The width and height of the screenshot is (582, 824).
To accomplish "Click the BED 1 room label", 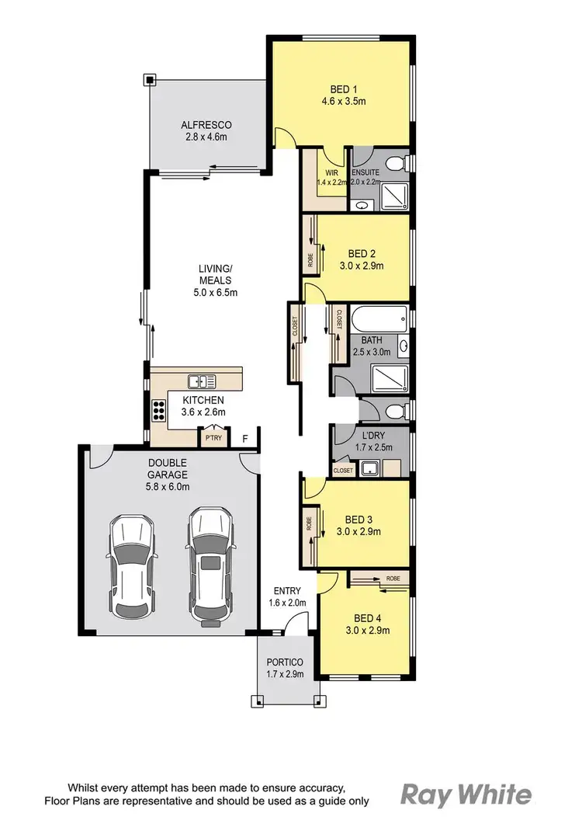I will [x=338, y=88].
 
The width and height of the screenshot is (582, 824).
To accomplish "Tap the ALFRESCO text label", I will [x=206, y=125].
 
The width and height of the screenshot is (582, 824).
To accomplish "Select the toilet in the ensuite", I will [x=397, y=163].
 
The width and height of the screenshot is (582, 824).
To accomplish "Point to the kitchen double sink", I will [x=202, y=381].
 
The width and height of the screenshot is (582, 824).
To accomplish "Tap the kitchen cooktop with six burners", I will [x=159, y=409].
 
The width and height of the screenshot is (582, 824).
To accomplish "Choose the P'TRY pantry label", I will [x=212, y=438].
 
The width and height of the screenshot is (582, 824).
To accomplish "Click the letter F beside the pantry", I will [x=245, y=438].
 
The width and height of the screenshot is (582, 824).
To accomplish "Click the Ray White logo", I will [x=466, y=794].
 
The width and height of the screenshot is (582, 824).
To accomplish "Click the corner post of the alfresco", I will [x=150, y=79].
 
